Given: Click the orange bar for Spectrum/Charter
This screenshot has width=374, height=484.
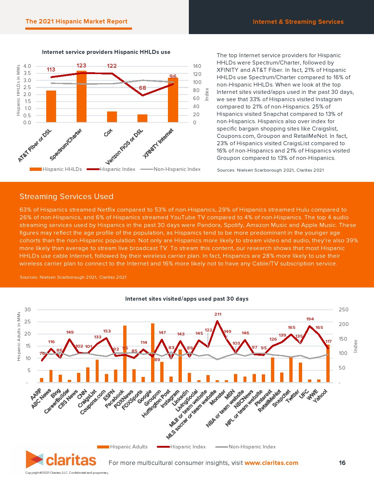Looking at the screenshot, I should coord(81,97).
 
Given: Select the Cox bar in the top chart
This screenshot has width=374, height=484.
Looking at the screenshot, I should coord(112,117).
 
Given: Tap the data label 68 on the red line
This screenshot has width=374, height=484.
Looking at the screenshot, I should coord(142,88).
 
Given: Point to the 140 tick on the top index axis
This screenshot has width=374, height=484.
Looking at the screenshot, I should coord(197,66).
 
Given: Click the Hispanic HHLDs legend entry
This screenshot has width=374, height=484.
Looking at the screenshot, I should coord(56,169).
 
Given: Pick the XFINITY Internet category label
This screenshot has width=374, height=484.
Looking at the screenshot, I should coord(158,143).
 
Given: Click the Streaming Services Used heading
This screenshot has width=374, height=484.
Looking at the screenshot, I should coord(66,197).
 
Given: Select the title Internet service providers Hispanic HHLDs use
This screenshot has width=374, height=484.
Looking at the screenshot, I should coord(106,52).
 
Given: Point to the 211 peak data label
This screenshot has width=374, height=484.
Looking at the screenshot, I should coord(218,314).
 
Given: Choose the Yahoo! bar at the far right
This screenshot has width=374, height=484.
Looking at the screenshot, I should coord(328,363).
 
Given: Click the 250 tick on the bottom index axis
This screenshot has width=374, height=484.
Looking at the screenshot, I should coord(344,310).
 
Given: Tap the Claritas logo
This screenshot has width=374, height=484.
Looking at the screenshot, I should coord(61,460).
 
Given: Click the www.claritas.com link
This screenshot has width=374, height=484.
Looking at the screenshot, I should coord(271,463).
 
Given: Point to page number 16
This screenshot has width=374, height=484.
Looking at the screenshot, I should coord(342,463).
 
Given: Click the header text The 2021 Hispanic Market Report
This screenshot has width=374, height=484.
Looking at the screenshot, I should coord(77,22).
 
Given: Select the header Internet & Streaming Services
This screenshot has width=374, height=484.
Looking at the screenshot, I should coord(298,22).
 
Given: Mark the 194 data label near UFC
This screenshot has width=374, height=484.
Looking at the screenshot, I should coord(310,319).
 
